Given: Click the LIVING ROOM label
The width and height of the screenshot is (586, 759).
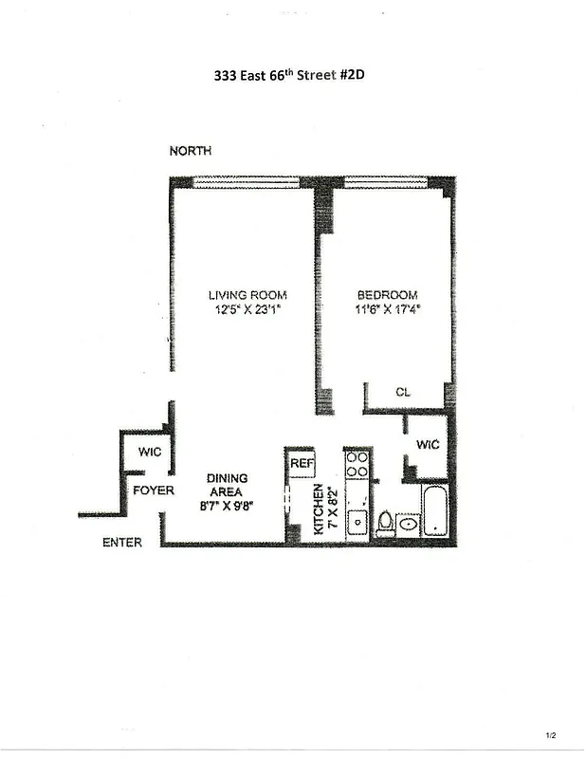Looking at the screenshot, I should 247,294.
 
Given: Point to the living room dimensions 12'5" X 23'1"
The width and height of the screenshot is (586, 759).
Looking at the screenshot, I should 247,308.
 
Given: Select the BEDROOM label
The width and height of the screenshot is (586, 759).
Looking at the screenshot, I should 387,294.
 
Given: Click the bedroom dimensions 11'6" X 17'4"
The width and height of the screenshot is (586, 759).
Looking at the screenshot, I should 387,308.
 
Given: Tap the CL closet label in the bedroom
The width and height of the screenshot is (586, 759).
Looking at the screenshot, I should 403,391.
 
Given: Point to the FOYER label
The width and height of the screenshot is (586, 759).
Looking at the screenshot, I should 152,491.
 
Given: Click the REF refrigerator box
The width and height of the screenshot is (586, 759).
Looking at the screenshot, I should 302,462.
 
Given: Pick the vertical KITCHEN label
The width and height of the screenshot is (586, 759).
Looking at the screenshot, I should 320,509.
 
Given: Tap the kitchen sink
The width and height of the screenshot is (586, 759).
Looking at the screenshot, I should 358,520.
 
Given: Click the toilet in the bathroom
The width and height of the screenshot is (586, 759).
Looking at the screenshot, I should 386,523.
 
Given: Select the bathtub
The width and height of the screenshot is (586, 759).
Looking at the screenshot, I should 438,511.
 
